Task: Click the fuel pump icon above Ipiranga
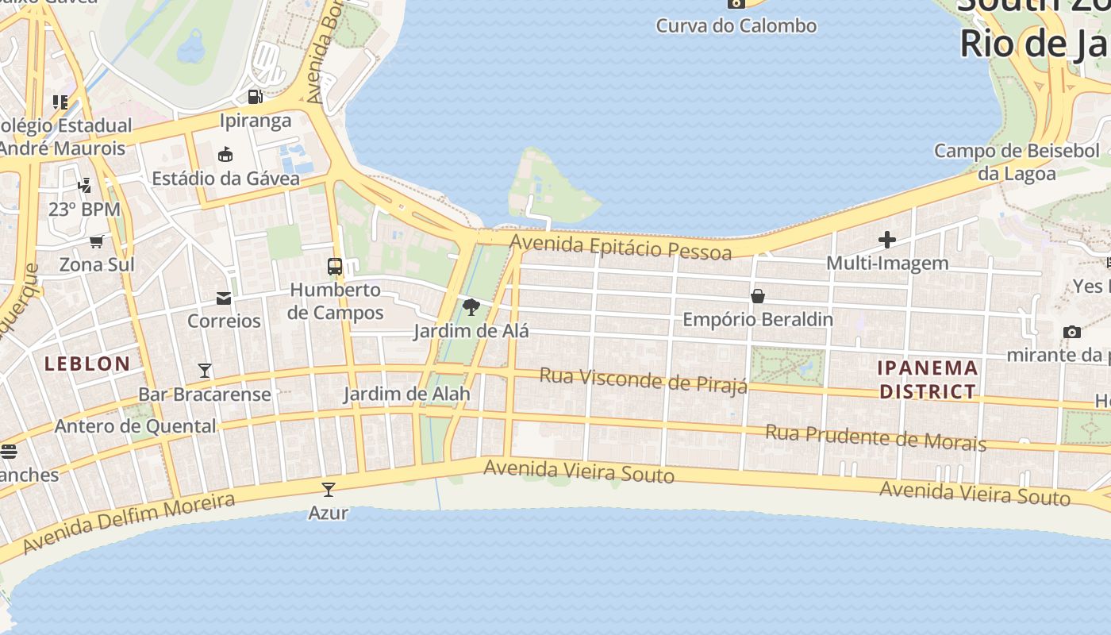[x=255, y=97]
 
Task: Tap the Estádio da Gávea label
[x=226, y=179]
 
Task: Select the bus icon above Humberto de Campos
[x=335, y=266]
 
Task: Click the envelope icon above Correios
[x=224, y=298]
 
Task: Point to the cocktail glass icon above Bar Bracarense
[x=205, y=371]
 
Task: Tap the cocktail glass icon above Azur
[x=329, y=489]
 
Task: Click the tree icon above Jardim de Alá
[x=471, y=306]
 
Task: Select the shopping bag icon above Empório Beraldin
[x=758, y=296]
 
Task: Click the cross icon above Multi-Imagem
[x=887, y=239]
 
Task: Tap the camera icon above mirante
[x=1072, y=332]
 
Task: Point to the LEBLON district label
[x=87, y=364]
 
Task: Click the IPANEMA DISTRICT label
[x=928, y=379]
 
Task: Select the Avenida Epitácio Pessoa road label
[x=621, y=247]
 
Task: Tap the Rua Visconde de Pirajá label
[x=644, y=379]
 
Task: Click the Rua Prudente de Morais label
[x=875, y=437]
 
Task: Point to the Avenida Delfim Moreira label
[x=129, y=523]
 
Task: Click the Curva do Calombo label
[x=736, y=25]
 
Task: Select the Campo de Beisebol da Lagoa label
[x=1017, y=162]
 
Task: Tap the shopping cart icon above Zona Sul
[x=97, y=241]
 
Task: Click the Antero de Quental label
[x=135, y=426]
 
